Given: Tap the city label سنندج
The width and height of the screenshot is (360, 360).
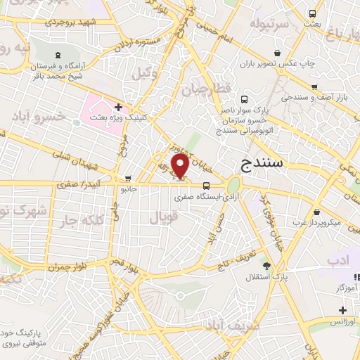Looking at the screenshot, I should (262, 164).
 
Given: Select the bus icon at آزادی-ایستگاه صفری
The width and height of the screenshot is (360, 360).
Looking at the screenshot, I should (206, 186).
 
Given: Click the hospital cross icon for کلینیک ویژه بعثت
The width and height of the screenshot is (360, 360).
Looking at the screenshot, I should (118, 108).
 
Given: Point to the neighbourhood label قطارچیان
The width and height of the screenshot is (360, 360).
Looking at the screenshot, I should (205, 91).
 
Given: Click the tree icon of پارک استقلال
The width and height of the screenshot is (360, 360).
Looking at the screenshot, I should (266, 265).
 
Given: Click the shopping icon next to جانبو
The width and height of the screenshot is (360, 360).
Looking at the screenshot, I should (127, 179).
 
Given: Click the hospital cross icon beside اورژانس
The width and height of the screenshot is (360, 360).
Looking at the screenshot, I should (342, 310).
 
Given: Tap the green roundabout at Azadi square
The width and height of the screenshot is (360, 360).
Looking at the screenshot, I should (233, 185).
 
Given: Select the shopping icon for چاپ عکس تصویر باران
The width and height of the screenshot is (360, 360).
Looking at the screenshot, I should (278, 53).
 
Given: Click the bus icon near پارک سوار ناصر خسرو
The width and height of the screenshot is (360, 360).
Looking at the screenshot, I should (244, 99).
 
